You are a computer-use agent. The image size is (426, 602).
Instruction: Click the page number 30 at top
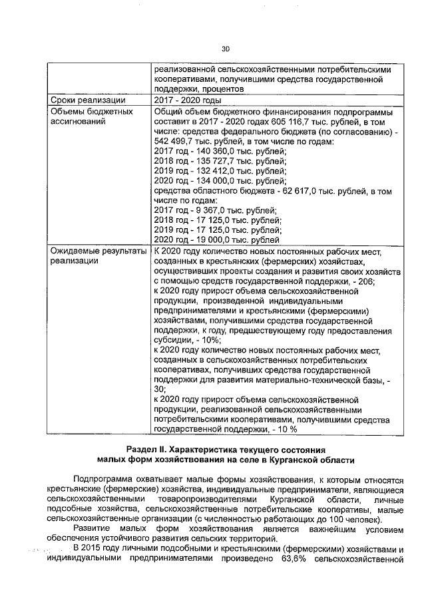click(225, 49)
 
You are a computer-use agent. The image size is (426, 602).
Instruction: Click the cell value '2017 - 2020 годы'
click(185, 100)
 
